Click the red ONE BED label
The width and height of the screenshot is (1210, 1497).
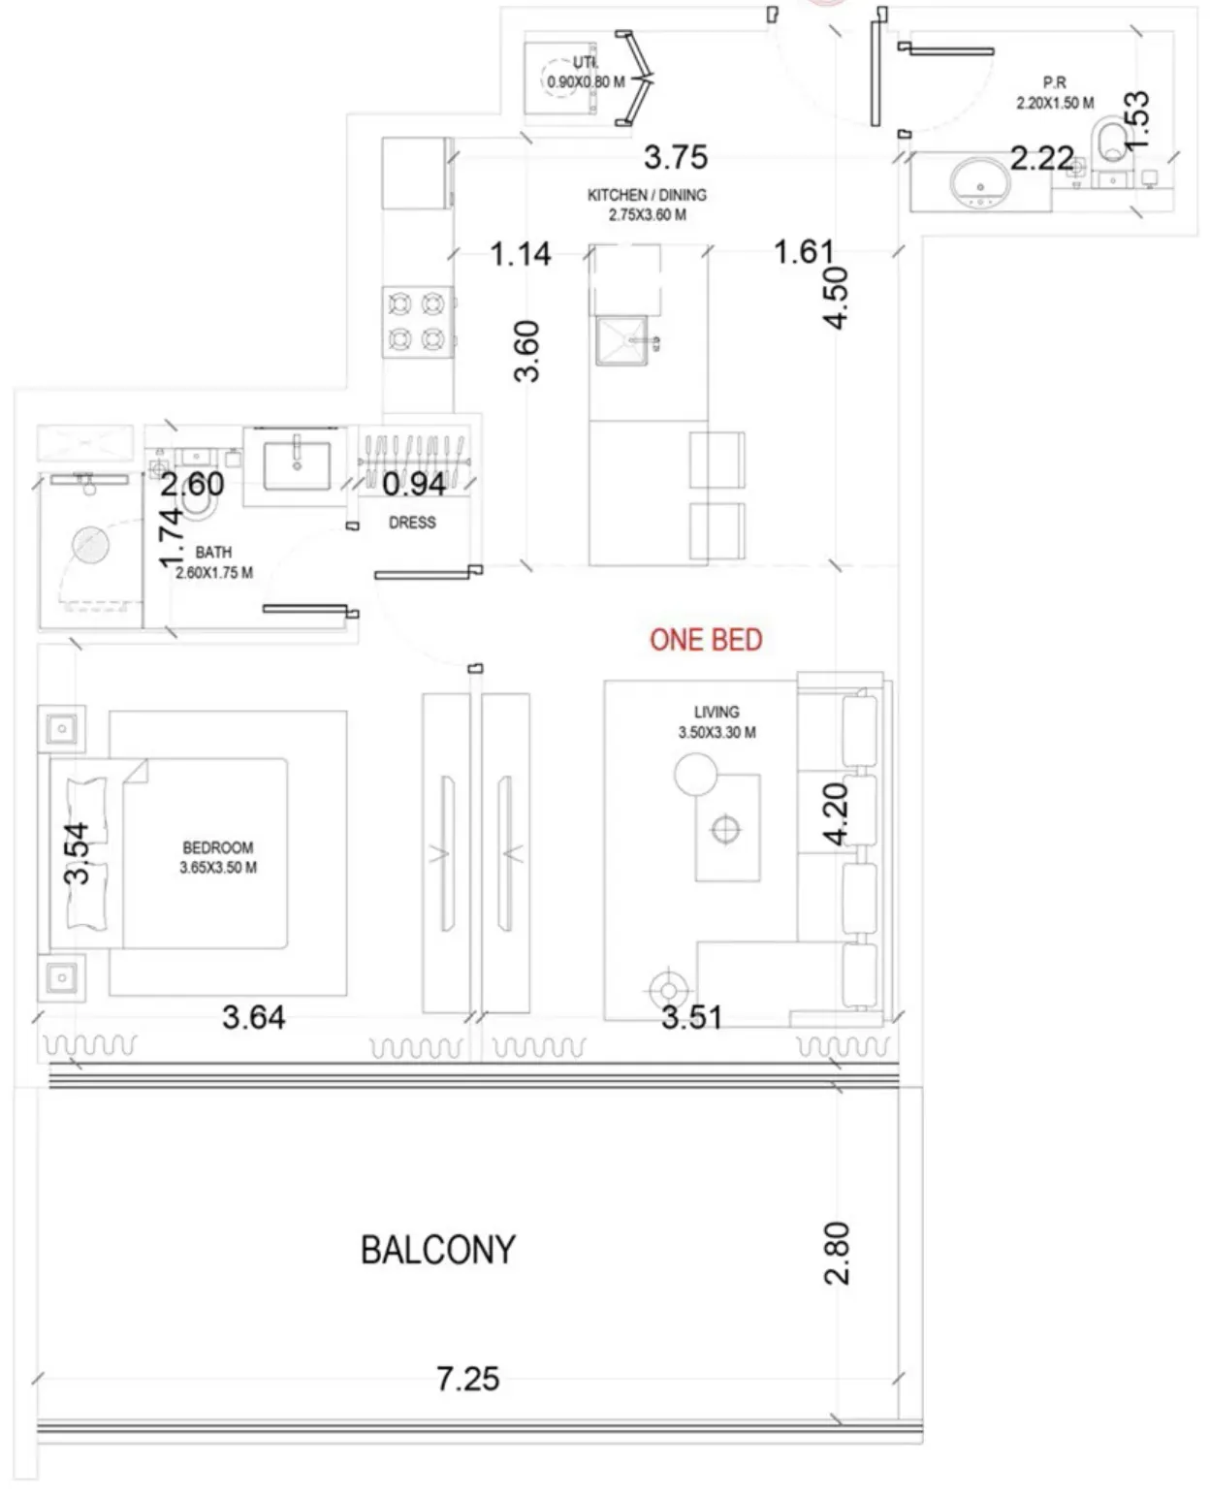point(706,640)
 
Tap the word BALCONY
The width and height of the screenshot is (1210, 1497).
point(438,1251)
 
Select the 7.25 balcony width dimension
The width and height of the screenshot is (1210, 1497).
point(468,1379)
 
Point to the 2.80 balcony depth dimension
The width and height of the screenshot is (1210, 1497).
point(837,1253)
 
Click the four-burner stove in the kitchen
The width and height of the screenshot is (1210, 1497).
point(417,322)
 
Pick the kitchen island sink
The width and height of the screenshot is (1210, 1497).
point(621,341)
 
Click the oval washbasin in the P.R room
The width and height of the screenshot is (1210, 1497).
point(980,182)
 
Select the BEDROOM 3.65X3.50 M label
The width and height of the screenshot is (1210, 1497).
point(218,857)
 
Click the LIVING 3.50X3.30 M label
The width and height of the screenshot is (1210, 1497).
point(716,722)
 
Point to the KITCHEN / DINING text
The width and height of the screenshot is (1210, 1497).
point(647,196)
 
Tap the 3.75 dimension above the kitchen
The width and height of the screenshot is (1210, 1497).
point(676,157)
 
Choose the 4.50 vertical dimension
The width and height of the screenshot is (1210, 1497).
point(836,298)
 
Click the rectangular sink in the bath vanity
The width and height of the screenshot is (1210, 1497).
point(297,464)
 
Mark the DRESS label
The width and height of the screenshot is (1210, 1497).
point(412,523)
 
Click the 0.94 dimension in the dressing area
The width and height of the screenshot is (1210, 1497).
point(414,484)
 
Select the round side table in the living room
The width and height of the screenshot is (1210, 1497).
point(695,775)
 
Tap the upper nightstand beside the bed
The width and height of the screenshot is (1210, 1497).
point(62,729)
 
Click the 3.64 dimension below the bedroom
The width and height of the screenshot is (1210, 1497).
point(254,1017)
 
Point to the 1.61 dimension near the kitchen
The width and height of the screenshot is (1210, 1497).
point(804,252)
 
